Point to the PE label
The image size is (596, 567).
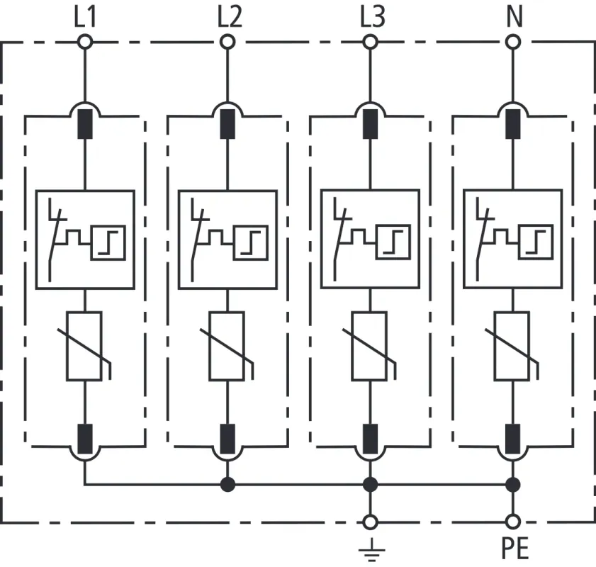coord(513,548)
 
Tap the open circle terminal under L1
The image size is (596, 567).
coord(85,43)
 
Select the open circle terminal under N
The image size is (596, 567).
coord(513,43)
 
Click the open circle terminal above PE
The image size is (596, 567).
coord(513,522)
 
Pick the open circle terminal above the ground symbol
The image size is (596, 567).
coord(370,522)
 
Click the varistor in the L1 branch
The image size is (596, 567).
coord(85,345)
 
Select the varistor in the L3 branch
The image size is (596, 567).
coord(370,345)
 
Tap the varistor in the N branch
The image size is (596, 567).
coord(513,345)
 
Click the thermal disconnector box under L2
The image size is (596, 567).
coord(227,240)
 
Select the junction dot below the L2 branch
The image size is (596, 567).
coord(227,485)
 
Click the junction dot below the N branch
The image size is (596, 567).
coord(513,485)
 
